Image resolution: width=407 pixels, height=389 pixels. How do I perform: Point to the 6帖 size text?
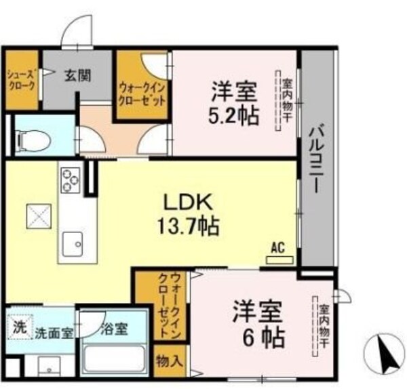(258, 334)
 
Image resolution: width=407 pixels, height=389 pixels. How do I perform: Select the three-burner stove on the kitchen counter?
(70, 180)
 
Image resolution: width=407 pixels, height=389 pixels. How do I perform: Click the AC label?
(277, 248)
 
